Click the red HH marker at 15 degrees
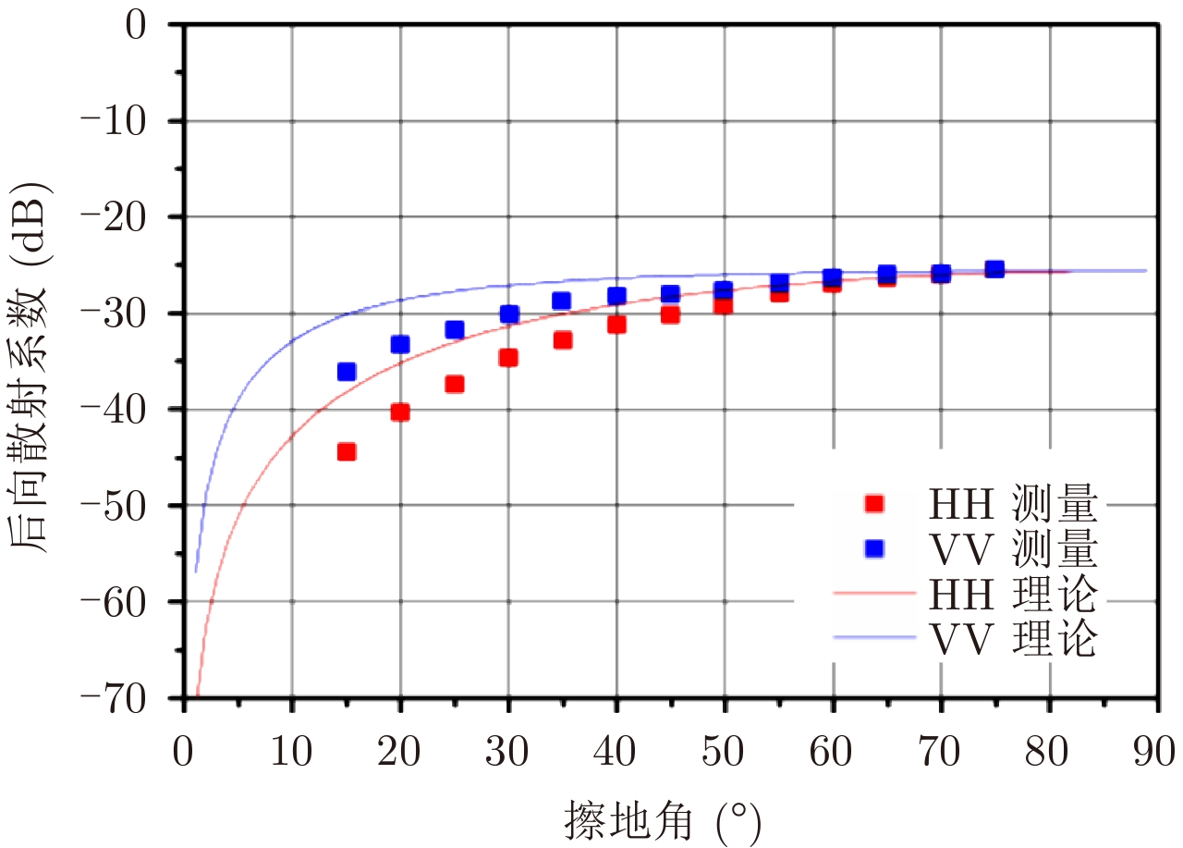347,451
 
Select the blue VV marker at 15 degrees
347,372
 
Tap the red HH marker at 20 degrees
400,412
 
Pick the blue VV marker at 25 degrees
455,329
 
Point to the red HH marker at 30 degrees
508,357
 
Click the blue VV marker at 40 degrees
616,296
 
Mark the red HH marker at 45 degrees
670,314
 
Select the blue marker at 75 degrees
994,269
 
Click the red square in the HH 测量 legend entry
874,504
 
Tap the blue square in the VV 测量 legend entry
874,548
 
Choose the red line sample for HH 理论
874,592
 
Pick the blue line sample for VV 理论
874,636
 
